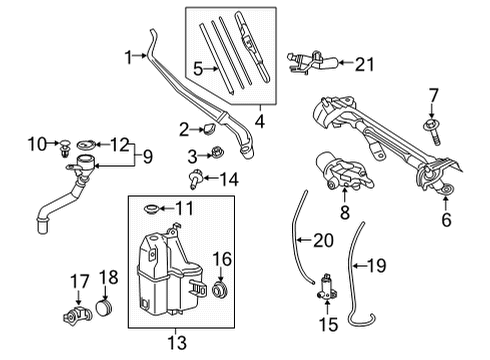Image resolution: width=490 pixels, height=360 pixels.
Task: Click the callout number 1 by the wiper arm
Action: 128,58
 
